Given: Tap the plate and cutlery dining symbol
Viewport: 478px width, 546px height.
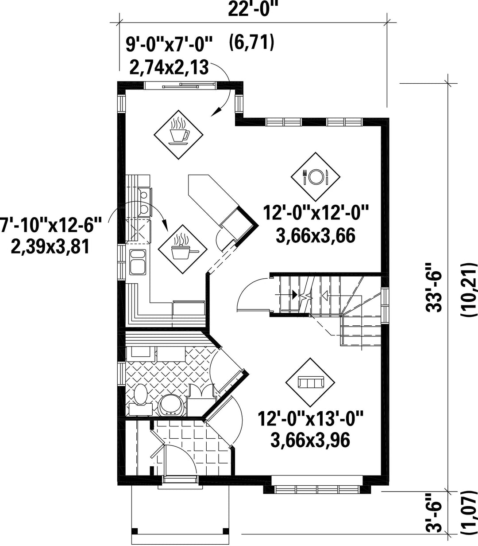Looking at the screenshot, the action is [x=316, y=177].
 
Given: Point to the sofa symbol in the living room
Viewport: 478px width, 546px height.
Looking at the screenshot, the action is [x=310, y=382].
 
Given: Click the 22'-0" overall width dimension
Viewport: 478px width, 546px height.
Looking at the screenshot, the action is [x=253, y=9].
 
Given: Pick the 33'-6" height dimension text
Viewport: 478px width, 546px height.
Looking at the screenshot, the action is [x=434, y=288].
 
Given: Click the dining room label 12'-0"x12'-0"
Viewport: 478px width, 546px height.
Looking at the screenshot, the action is [x=316, y=213].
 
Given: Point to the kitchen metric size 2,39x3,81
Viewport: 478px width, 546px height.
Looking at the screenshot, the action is [x=50, y=247].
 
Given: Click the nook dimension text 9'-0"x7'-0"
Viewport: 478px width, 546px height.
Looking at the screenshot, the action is [x=169, y=44].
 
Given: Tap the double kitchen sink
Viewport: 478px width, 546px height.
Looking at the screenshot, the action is [x=138, y=262].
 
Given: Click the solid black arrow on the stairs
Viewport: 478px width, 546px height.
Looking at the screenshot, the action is [x=295, y=294].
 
